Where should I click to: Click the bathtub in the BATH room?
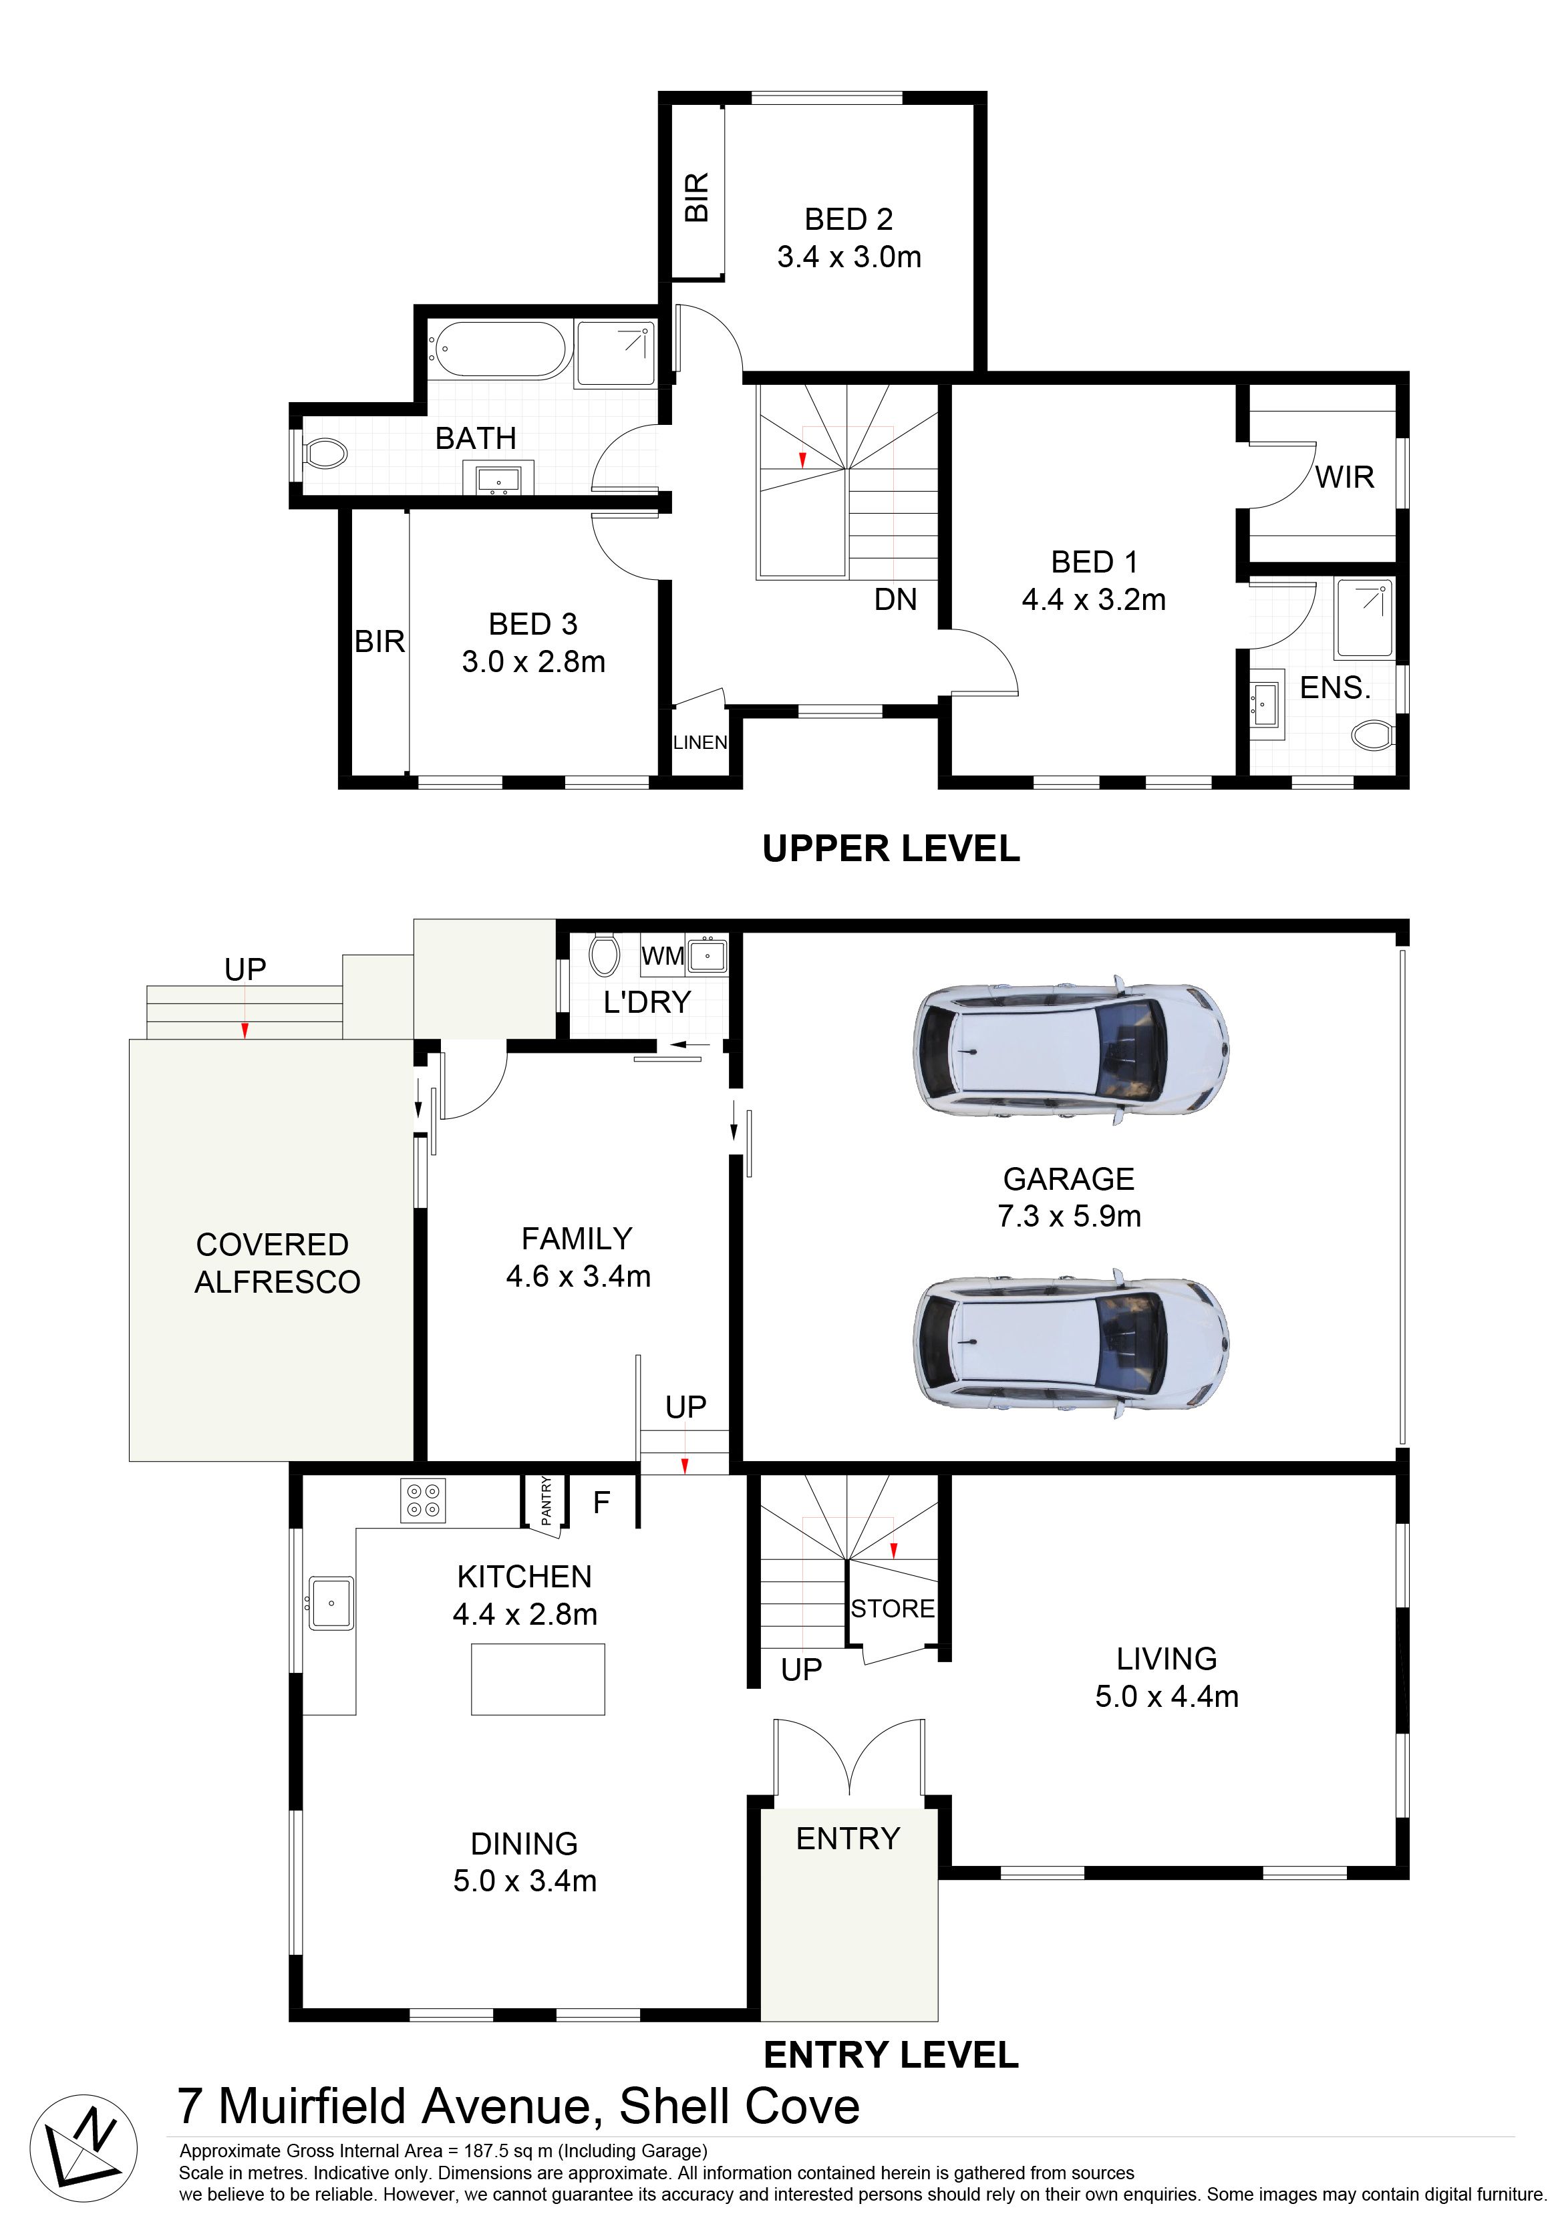[500, 349]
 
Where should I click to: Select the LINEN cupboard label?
[700, 742]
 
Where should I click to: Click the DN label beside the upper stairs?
[895, 599]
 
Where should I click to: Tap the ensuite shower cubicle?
[1364, 618]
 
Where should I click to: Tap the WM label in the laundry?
[663, 956]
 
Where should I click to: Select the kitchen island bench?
[538, 1679]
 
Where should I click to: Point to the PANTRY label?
[547, 1500]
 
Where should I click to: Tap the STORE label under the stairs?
[893, 1608]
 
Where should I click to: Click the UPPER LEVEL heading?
[891, 848]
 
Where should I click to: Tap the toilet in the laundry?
[603, 954]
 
